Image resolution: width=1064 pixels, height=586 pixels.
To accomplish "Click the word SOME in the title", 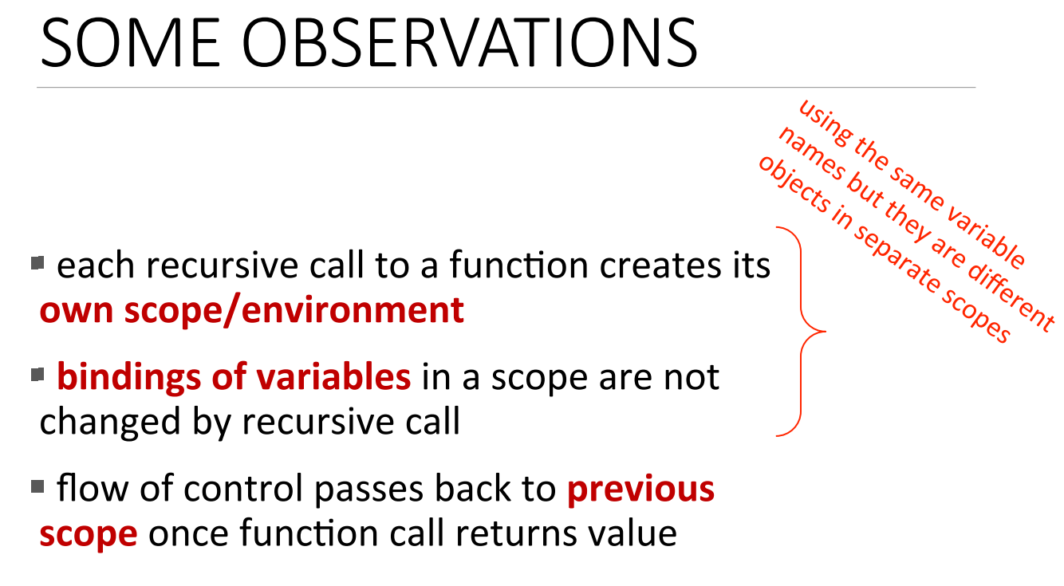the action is tap(131, 42).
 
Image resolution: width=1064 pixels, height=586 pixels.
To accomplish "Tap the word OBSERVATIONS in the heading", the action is tap(470, 42).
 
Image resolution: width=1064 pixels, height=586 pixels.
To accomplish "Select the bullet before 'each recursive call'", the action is tap(37, 262).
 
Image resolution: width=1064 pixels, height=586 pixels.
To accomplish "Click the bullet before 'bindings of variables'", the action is tap(37, 375).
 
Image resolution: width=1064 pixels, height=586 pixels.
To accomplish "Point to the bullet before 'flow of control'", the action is tap(37, 486).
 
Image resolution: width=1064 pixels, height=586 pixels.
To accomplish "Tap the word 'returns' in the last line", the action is tap(516, 534).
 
